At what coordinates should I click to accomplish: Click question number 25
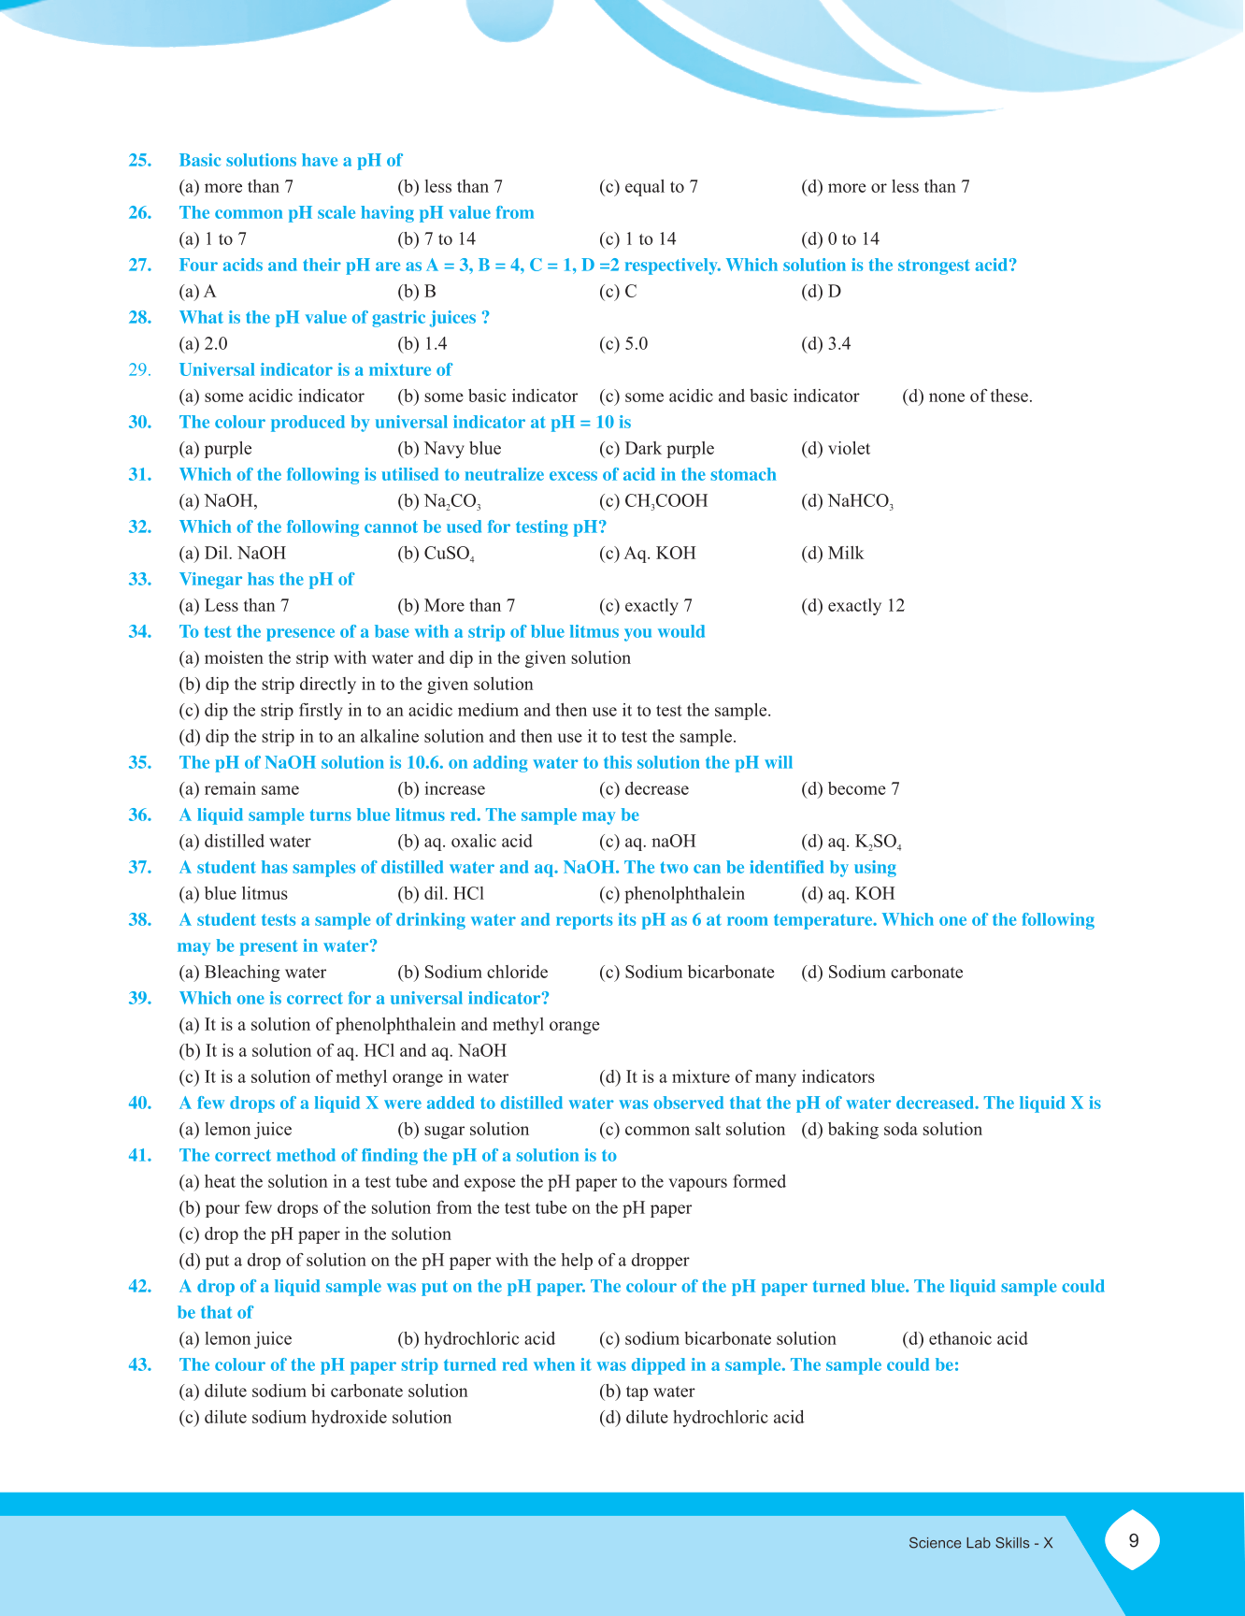pos(140,161)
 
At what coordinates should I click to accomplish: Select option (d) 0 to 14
pos(839,239)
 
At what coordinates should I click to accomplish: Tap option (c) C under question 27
pos(618,292)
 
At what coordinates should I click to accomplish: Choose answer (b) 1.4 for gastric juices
pos(422,344)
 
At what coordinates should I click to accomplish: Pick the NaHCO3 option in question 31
pos(847,501)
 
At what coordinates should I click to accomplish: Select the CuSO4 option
pos(436,554)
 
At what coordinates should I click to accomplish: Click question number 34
pos(140,632)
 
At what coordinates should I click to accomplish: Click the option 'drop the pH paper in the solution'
pos(315,1234)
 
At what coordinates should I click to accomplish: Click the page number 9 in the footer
pos(1133,1541)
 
